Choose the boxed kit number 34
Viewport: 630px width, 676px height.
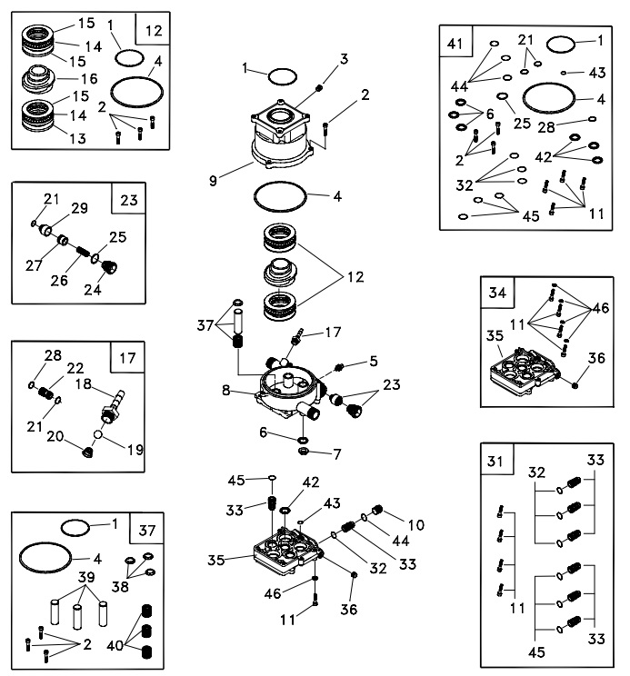pyautogui.click(x=496, y=293)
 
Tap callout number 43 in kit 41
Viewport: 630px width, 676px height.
pyautogui.click(x=599, y=71)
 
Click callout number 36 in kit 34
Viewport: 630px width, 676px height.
pyautogui.click(x=596, y=358)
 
